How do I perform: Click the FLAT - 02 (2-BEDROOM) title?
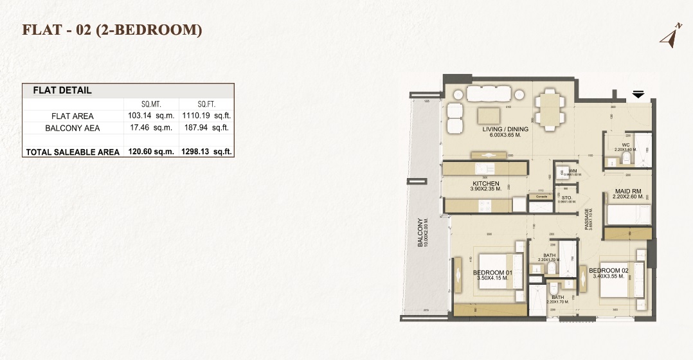tap(113, 30)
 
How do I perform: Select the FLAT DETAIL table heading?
tap(62, 91)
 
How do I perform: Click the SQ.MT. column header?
tap(152, 104)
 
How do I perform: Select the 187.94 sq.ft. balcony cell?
tap(206, 128)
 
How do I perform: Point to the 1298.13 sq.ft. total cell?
tap(206, 152)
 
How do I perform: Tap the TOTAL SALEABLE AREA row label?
tap(72, 152)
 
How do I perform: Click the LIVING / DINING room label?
tap(505, 129)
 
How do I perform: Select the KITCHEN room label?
tap(485, 184)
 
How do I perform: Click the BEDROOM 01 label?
tap(492, 273)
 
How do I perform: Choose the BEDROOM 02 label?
tap(608, 270)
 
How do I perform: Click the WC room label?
tap(625, 145)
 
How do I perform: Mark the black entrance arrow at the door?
tap(638, 94)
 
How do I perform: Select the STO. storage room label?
tap(566, 197)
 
